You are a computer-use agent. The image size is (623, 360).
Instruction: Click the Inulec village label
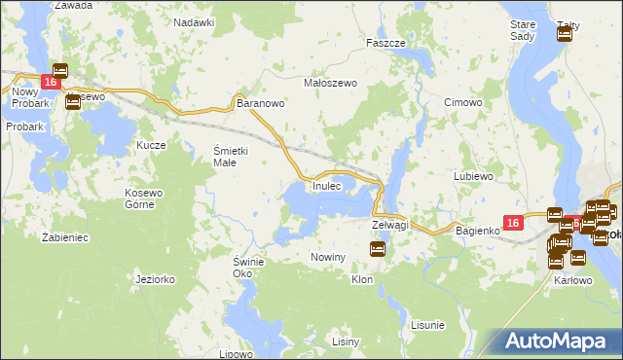[x=326, y=186]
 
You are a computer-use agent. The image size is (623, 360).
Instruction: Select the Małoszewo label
[x=332, y=83]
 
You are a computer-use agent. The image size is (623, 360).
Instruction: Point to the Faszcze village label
[x=385, y=44]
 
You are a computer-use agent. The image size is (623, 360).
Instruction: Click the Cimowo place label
[x=462, y=102]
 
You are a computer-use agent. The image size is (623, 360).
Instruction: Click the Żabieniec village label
[x=67, y=236]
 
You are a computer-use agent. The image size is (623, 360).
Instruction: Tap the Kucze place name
[x=152, y=145]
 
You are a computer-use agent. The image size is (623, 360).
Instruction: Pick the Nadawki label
[x=194, y=21]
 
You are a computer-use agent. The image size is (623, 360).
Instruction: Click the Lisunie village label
[x=427, y=324]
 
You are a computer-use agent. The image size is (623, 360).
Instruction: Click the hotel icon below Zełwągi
[x=378, y=250]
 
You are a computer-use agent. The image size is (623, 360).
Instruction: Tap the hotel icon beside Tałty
[x=564, y=35]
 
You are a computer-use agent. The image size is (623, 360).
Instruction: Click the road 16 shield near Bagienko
[x=515, y=224]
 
